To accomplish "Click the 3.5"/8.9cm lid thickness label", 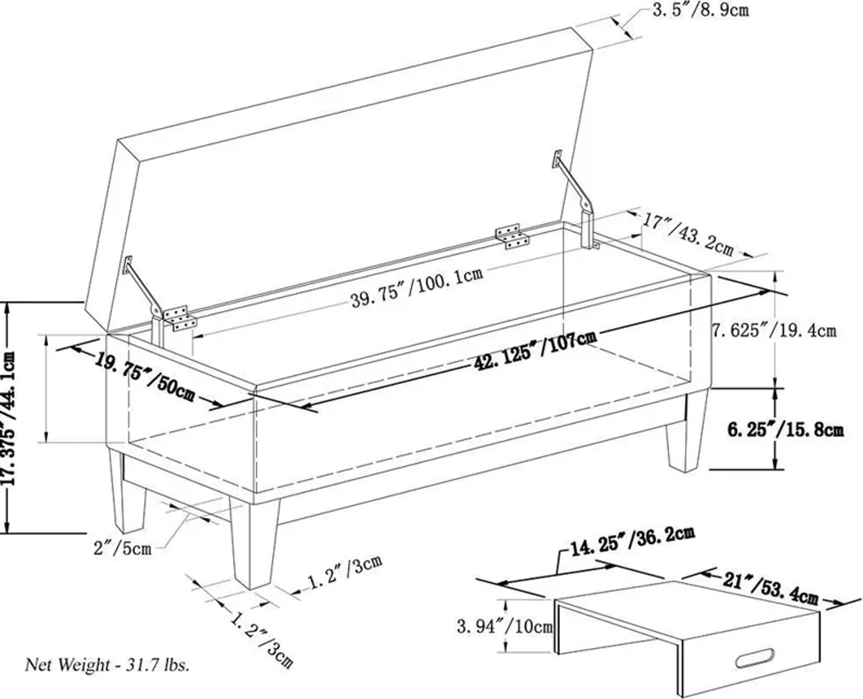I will pos(701,10).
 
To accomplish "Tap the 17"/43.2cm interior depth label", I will pos(687,235).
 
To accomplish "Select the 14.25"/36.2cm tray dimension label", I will pos(633,542).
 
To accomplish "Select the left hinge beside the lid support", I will pos(180,318).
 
